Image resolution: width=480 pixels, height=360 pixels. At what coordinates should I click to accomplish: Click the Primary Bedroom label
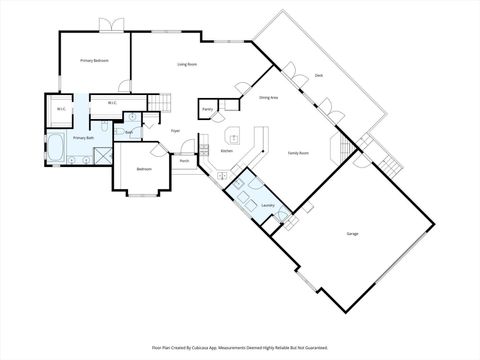tap(94, 61)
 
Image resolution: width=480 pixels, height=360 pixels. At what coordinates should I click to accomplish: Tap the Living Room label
tap(187, 65)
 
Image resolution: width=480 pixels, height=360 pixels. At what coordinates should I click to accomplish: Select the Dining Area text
tap(268, 98)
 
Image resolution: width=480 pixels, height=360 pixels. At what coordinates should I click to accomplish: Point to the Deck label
tap(318, 75)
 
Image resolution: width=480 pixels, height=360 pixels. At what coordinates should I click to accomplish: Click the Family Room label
tap(298, 153)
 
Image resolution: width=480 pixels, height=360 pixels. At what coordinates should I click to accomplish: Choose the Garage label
tap(352, 234)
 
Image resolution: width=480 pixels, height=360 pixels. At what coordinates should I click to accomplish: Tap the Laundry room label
tap(268, 206)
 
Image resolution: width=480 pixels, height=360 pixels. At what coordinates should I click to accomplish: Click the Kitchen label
tap(227, 151)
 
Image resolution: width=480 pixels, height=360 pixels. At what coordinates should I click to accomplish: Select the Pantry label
tap(207, 109)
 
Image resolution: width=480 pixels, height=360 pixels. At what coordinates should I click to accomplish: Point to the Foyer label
tap(175, 131)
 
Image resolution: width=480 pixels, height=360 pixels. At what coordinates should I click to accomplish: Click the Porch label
tap(185, 161)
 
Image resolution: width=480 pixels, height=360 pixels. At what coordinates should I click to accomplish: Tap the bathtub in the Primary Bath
tap(57, 149)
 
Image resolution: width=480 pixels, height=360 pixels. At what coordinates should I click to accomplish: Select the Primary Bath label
tap(83, 137)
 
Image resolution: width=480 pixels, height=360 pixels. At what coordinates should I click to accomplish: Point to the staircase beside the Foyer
tap(162, 102)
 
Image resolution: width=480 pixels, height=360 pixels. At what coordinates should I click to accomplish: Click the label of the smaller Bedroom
tap(144, 168)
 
